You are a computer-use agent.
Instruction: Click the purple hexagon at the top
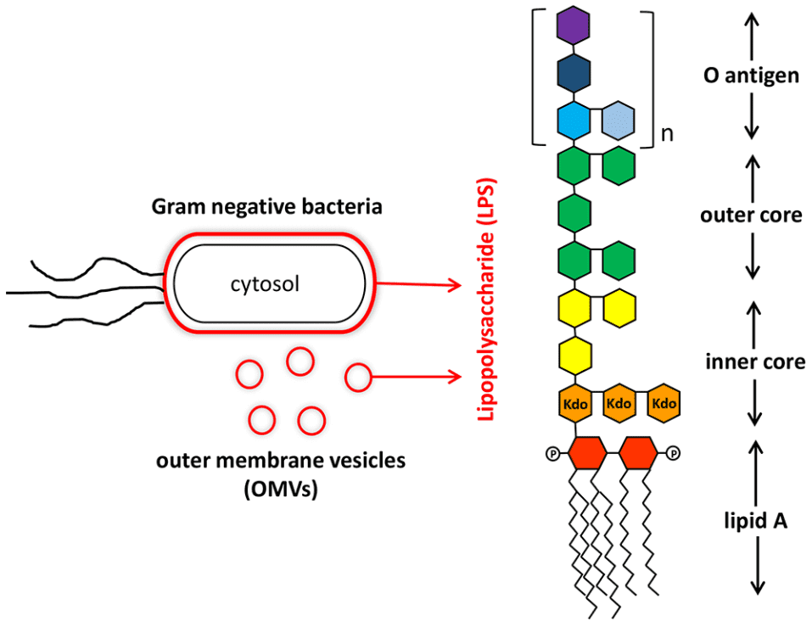point(574,26)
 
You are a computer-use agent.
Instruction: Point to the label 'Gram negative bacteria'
point(267,206)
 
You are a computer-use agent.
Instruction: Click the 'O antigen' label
point(752,76)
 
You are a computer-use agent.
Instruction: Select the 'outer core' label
point(752,215)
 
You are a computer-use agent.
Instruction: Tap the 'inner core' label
point(755,361)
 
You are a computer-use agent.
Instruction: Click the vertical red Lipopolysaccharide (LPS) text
point(487,299)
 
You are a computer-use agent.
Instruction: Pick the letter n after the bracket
point(667,133)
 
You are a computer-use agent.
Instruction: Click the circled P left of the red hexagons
point(552,453)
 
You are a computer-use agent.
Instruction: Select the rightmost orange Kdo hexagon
point(664,404)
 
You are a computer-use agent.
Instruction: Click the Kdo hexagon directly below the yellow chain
point(574,404)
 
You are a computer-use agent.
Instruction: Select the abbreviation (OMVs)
point(280,490)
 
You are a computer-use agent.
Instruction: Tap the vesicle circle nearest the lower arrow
point(358,376)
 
